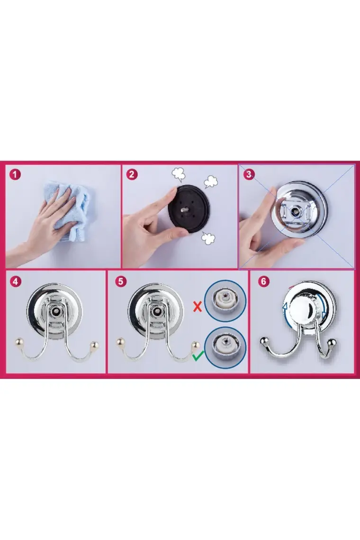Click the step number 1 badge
(x=15, y=174)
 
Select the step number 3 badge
(x=249, y=174)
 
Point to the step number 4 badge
(x=16, y=281)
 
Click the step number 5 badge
(x=120, y=281)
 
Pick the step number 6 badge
(x=263, y=281)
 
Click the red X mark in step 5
(x=198, y=306)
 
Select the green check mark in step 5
(x=198, y=355)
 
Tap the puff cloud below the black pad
(x=208, y=238)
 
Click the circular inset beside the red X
(x=225, y=301)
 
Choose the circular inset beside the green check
(x=225, y=347)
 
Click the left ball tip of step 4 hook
(x=18, y=342)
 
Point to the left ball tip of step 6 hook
(x=263, y=342)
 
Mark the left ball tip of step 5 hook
(x=121, y=342)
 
